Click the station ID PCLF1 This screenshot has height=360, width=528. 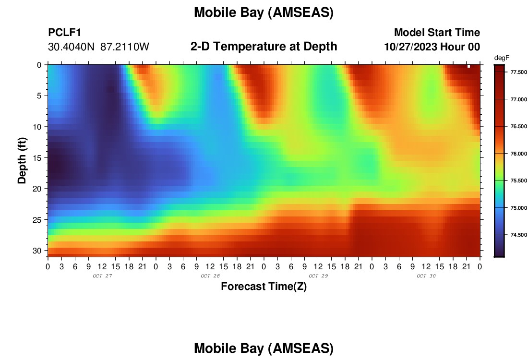65,32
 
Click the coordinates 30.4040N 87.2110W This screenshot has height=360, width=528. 98,47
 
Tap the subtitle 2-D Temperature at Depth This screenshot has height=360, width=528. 264,47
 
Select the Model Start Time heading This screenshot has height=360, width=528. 437,32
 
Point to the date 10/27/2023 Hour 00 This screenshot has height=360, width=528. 432,47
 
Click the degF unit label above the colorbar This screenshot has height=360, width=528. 502,58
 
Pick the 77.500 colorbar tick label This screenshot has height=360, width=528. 518,72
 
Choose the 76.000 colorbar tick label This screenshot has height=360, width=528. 518,154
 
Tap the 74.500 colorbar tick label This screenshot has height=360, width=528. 518,235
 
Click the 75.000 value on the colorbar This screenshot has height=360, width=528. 518,208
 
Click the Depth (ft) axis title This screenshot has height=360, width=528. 22,160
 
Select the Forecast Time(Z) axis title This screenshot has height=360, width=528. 264,286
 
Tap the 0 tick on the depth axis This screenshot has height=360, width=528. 39,65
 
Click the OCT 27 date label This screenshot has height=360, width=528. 102,276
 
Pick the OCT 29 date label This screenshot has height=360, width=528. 318,276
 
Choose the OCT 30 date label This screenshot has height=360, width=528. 426,276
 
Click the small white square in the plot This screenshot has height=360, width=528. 469,66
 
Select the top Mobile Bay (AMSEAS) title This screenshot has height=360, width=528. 264,12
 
